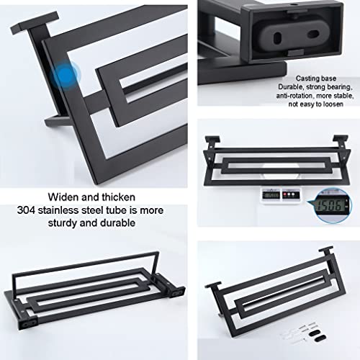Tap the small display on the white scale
[x=271, y=194]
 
